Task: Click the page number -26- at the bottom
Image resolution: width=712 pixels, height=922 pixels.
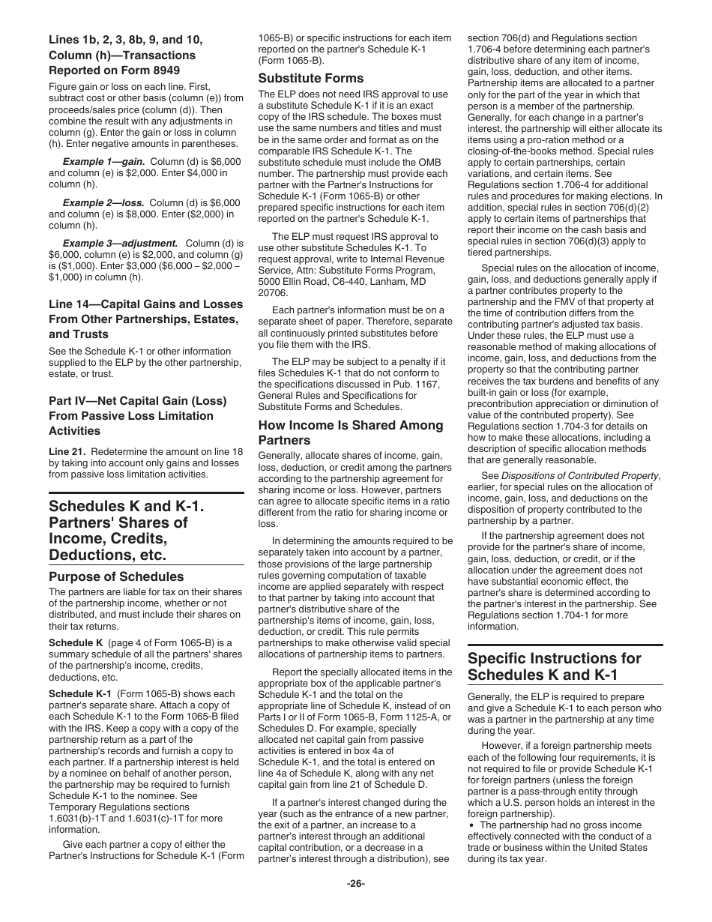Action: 355,883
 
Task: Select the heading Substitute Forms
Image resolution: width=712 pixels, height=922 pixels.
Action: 311,78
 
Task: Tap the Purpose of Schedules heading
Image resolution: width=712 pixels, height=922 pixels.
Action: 116,576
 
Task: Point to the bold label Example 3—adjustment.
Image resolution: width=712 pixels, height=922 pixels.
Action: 120,243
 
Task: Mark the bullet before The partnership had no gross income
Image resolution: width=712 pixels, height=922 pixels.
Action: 472,825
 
